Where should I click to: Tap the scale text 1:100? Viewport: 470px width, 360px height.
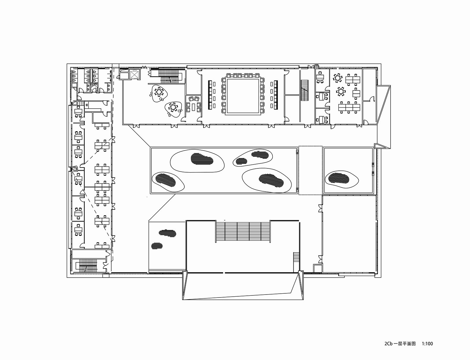pos(427,344)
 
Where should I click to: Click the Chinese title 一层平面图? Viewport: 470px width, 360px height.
pos(406,344)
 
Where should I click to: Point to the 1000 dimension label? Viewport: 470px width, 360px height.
pos(317,65)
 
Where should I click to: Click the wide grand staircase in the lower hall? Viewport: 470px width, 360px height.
pos(243,231)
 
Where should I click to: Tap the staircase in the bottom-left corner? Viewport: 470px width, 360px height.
pos(87,266)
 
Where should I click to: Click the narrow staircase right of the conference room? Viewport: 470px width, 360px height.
pos(304,90)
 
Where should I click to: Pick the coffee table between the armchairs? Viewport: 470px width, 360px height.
pos(193,106)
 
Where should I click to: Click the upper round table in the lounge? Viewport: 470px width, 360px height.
pos(159,92)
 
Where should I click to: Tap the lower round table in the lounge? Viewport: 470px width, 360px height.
pos(173,107)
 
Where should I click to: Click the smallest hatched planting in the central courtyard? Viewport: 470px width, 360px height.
pos(241,161)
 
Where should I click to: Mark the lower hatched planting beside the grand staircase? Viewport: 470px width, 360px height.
pos(157,246)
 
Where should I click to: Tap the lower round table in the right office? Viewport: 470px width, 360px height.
pos(341,91)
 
